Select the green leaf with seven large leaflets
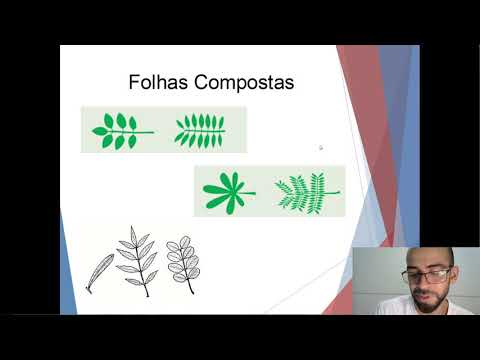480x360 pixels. tap(120, 130)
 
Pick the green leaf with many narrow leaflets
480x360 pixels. tap(200, 131)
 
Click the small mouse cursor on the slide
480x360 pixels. tap(320, 147)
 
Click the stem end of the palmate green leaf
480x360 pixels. tap(253, 191)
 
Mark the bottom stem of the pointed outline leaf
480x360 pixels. tap(148, 294)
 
